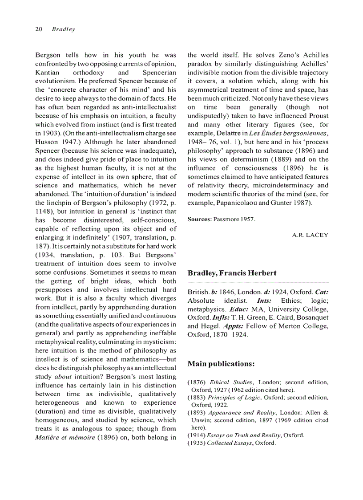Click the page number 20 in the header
click(x=38, y=30)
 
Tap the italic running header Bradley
click(x=64, y=30)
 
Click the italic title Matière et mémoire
click(x=66, y=437)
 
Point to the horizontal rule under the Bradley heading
click(x=258, y=283)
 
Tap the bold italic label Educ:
click(x=239, y=310)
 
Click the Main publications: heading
click(x=221, y=364)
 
